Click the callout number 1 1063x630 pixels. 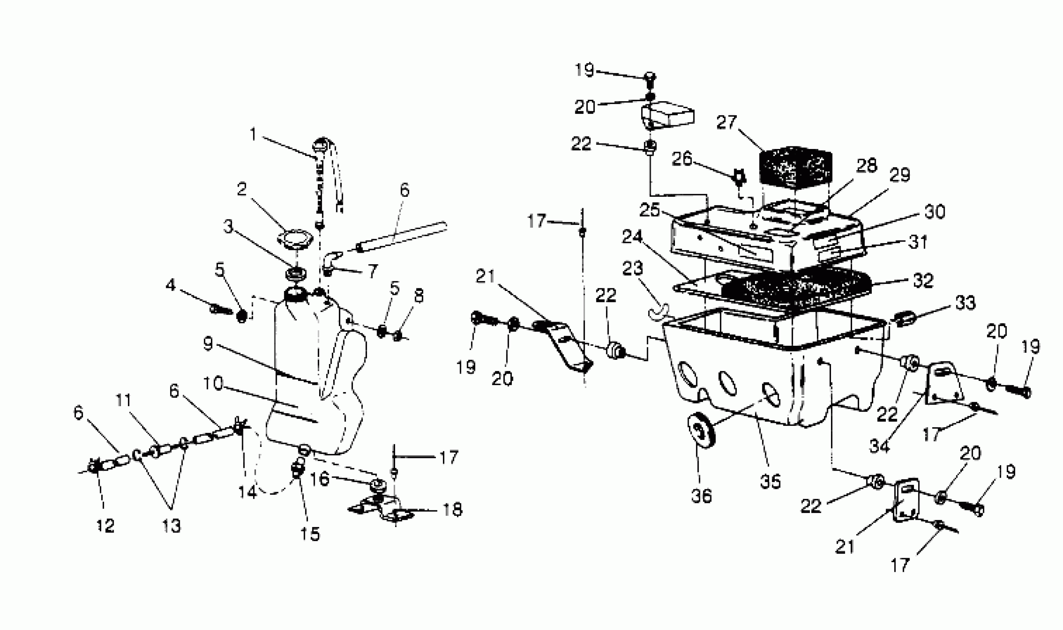point(253,135)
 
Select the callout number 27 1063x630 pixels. point(726,122)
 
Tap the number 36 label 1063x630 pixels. point(701,495)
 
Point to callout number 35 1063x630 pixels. point(770,481)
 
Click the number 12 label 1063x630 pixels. point(105,526)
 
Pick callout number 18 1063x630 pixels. point(452,510)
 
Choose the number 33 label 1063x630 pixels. point(965,303)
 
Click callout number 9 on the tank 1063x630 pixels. point(208,344)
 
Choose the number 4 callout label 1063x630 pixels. point(170,285)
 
